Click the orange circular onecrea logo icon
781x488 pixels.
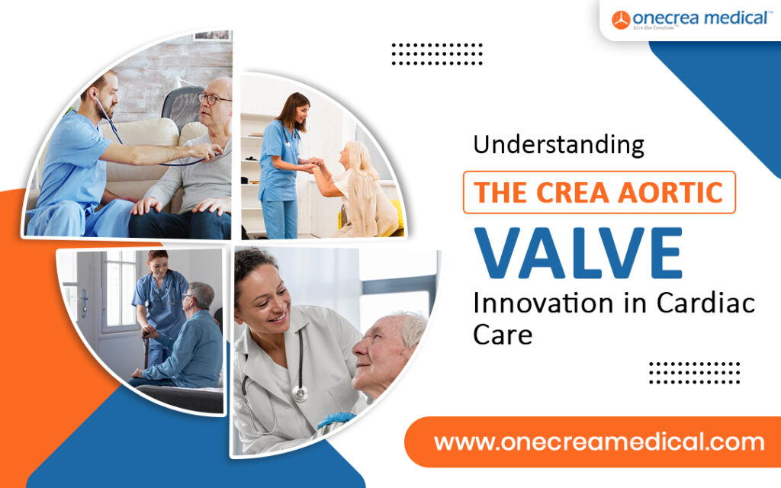(621, 20)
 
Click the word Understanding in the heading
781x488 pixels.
(558, 145)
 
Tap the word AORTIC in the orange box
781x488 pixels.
(670, 193)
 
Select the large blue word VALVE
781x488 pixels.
(578, 253)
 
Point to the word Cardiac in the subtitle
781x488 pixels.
(705, 303)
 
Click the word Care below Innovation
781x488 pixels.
(503, 335)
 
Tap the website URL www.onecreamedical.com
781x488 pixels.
(599, 442)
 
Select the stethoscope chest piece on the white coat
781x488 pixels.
(300, 393)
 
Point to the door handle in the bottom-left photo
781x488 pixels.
(84, 303)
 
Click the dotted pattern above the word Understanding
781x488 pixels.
(437, 54)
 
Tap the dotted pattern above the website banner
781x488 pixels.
(694, 373)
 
